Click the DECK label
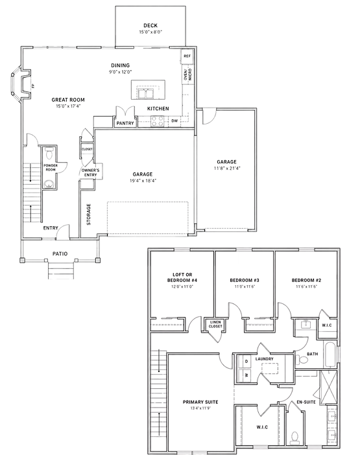click(x=150, y=25)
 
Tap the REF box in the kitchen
click(x=187, y=56)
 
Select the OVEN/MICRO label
click(x=188, y=75)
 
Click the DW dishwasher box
click(x=174, y=121)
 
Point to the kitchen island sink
click(x=146, y=94)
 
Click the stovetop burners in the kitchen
click(x=157, y=121)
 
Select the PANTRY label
click(x=125, y=123)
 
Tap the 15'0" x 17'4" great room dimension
click(x=68, y=106)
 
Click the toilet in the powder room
click(x=49, y=153)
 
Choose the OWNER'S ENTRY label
click(x=91, y=172)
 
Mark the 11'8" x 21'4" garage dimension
click(x=226, y=169)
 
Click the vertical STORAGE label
click(x=89, y=215)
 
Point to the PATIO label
click(x=60, y=254)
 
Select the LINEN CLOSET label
click(x=215, y=324)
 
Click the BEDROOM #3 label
click(x=245, y=280)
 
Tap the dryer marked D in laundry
click(x=246, y=362)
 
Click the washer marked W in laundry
click(x=246, y=375)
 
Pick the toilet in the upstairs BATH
click(x=302, y=360)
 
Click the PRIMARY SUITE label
click(x=200, y=402)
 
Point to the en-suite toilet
click(x=294, y=438)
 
